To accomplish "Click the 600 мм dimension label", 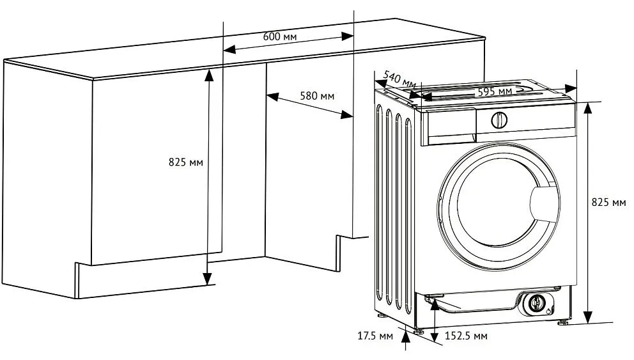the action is [280, 36].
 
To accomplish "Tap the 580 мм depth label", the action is [317, 96].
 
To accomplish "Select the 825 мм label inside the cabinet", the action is [185, 162].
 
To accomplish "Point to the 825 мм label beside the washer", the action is [608, 202].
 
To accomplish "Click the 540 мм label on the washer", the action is [399, 80].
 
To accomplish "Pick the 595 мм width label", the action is [495, 92].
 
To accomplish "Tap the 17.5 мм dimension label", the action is [375, 336].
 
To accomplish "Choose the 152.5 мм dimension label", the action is [466, 336].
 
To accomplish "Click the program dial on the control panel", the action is [499, 120].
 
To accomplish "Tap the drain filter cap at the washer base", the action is [537, 302].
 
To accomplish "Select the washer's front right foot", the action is [563, 323].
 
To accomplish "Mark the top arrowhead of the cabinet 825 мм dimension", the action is [208, 75].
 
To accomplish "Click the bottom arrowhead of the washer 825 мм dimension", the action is [588, 317].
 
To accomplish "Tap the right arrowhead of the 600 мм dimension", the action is [347, 36].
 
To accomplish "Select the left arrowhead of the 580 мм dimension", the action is [272, 97].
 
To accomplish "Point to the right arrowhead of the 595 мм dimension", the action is [571, 88].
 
